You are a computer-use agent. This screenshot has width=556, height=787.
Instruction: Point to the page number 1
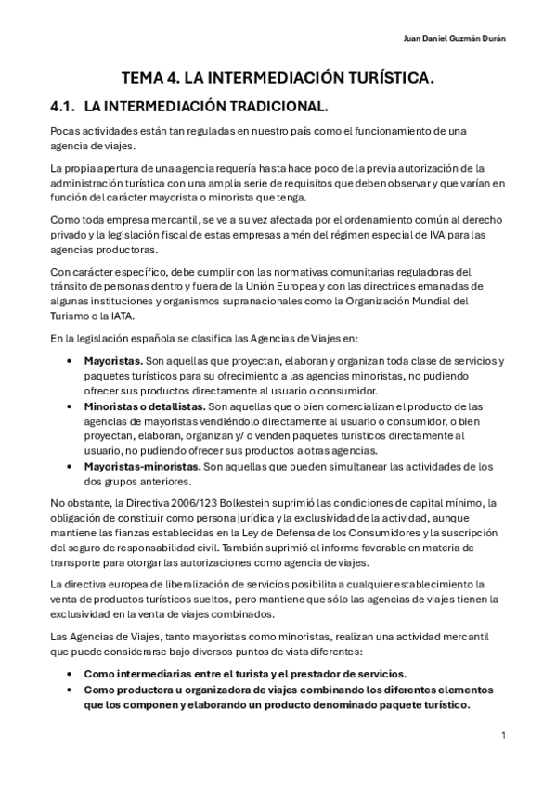click(502, 735)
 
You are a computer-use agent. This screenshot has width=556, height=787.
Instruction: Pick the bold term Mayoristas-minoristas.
click(142, 467)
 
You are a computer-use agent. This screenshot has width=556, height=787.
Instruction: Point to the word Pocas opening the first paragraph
click(66, 132)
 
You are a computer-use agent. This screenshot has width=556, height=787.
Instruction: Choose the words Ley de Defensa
click(294, 532)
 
